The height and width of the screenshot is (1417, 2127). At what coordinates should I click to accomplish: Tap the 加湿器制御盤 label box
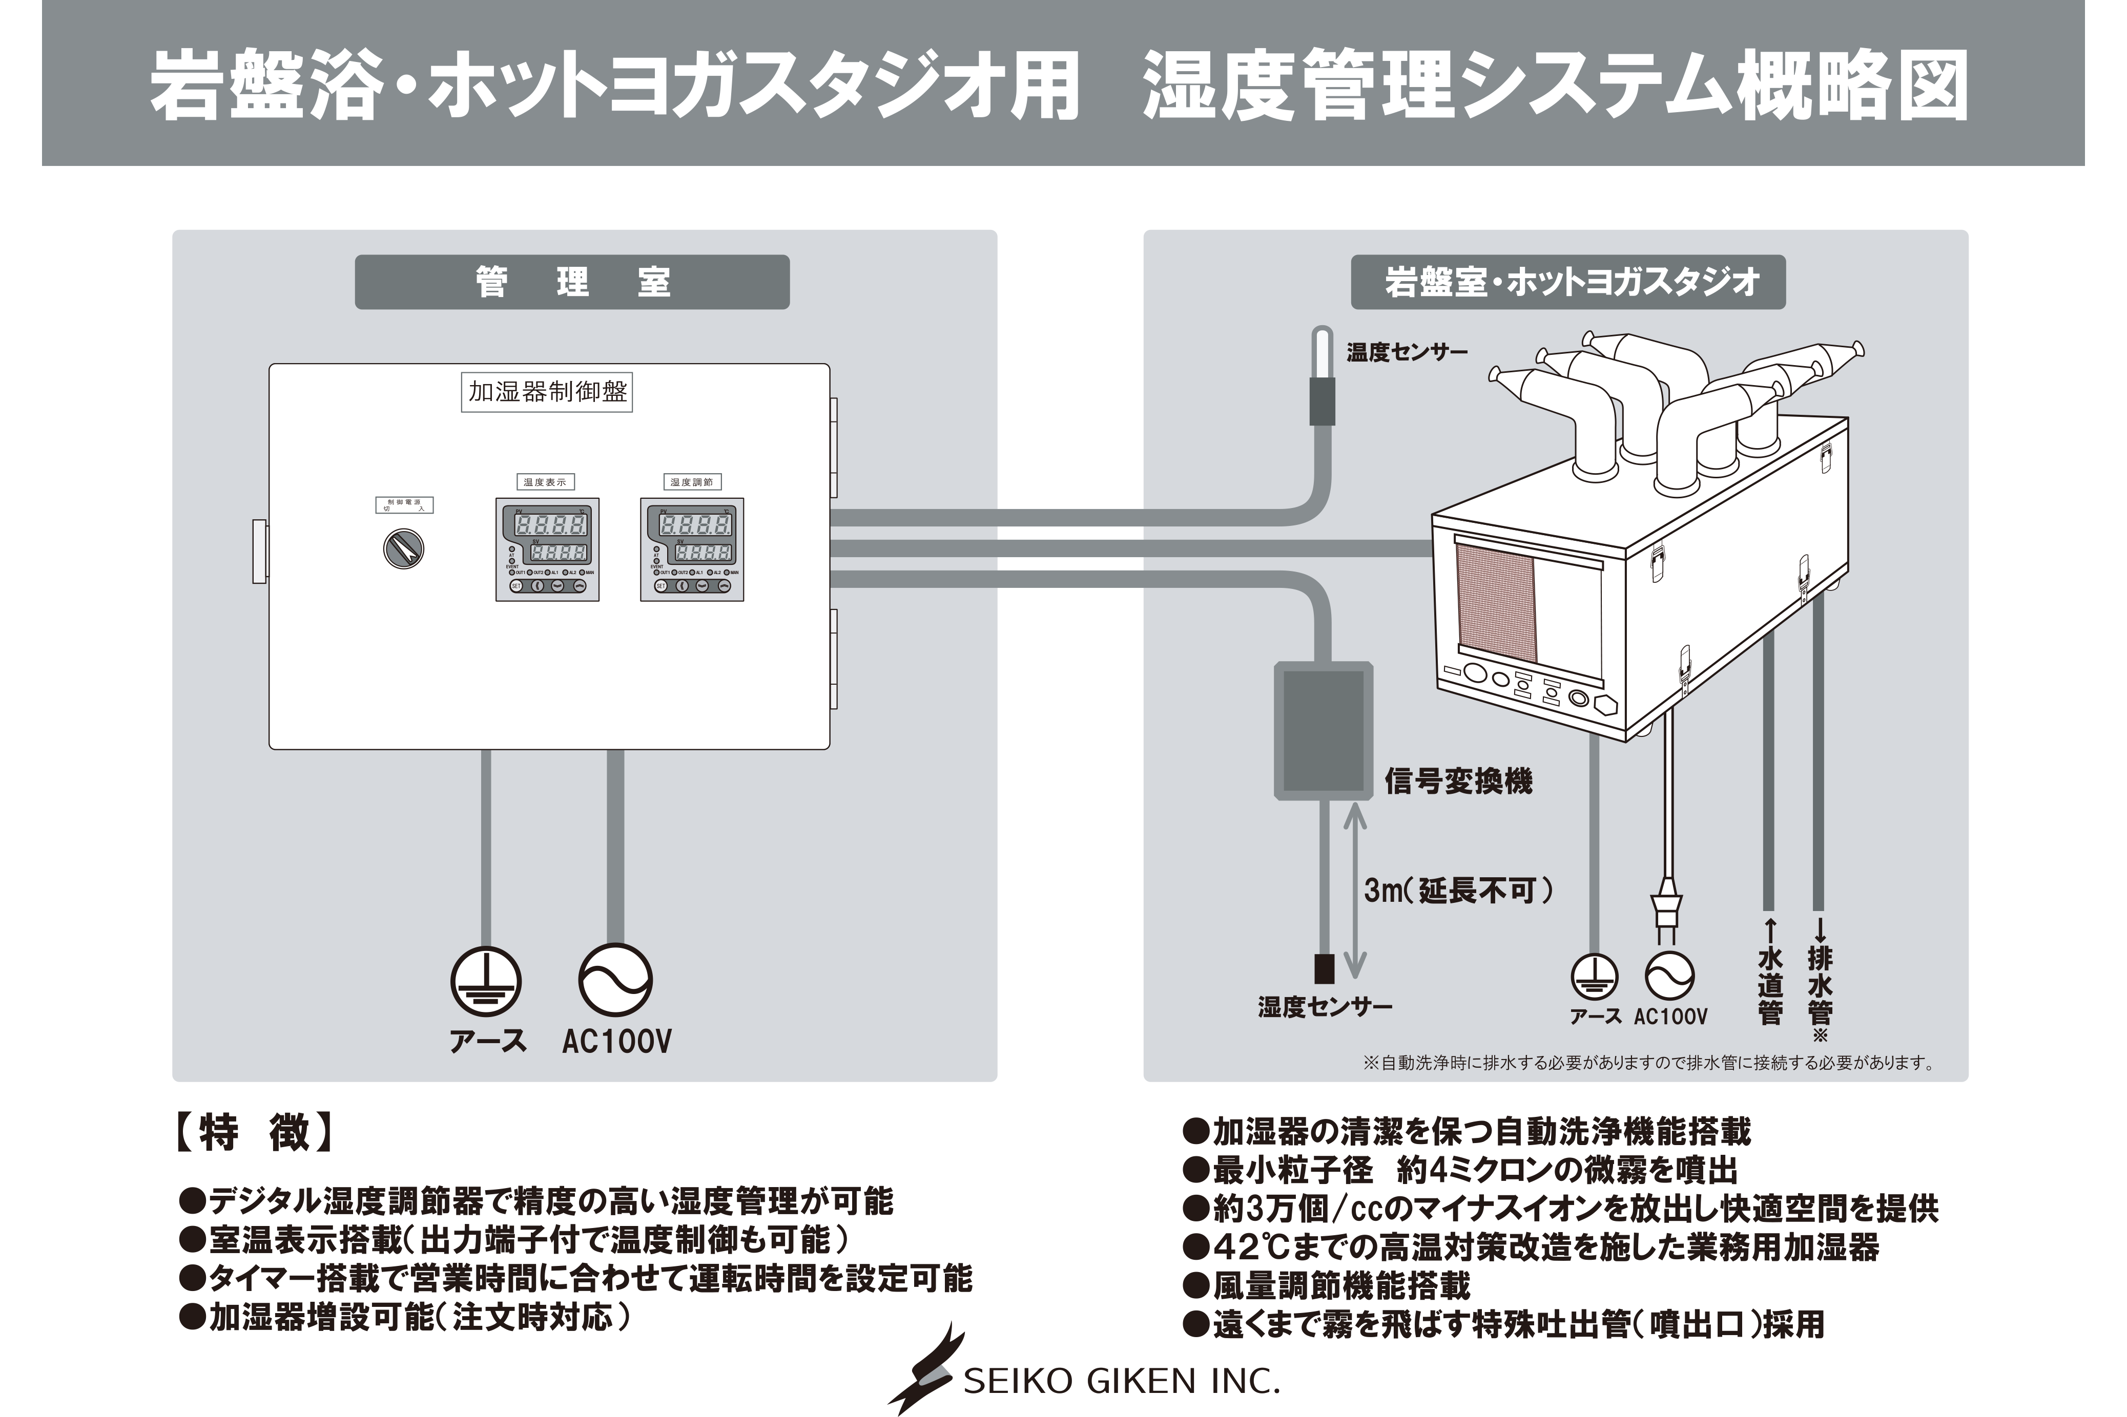point(547,392)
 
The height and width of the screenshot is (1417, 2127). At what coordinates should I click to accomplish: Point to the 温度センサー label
point(1407,352)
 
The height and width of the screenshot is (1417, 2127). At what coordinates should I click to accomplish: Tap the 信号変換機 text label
point(1458,781)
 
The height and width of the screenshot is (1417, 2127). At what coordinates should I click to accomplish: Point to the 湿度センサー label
point(1324,1007)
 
